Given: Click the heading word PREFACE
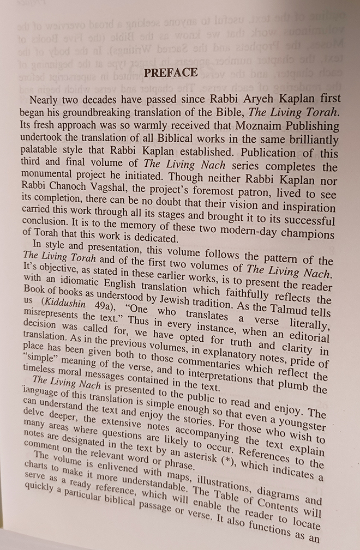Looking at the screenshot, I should [171, 73].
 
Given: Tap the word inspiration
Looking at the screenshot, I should [308, 211].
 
